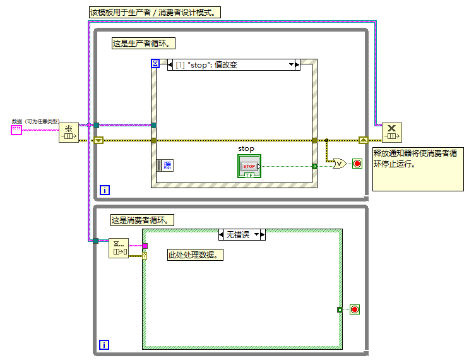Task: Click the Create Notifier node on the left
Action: (x=68, y=133)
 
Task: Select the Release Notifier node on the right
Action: (x=391, y=133)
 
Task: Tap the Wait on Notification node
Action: (x=119, y=248)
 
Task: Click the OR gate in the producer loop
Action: (x=340, y=164)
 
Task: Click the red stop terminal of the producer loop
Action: (x=357, y=164)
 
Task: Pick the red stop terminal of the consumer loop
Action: (x=354, y=309)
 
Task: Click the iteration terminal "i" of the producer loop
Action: (x=104, y=189)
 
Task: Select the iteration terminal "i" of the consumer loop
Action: (x=104, y=345)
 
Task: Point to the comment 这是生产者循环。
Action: (x=143, y=44)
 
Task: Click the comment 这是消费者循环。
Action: (x=143, y=220)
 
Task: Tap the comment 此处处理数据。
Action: (x=196, y=255)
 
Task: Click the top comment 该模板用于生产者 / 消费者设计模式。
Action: (x=155, y=13)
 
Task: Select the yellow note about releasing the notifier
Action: (x=416, y=168)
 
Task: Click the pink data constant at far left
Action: (x=16, y=130)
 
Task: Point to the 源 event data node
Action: (x=164, y=165)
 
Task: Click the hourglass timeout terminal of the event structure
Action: (x=155, y=63)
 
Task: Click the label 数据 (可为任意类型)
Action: (x=35, y=121)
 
